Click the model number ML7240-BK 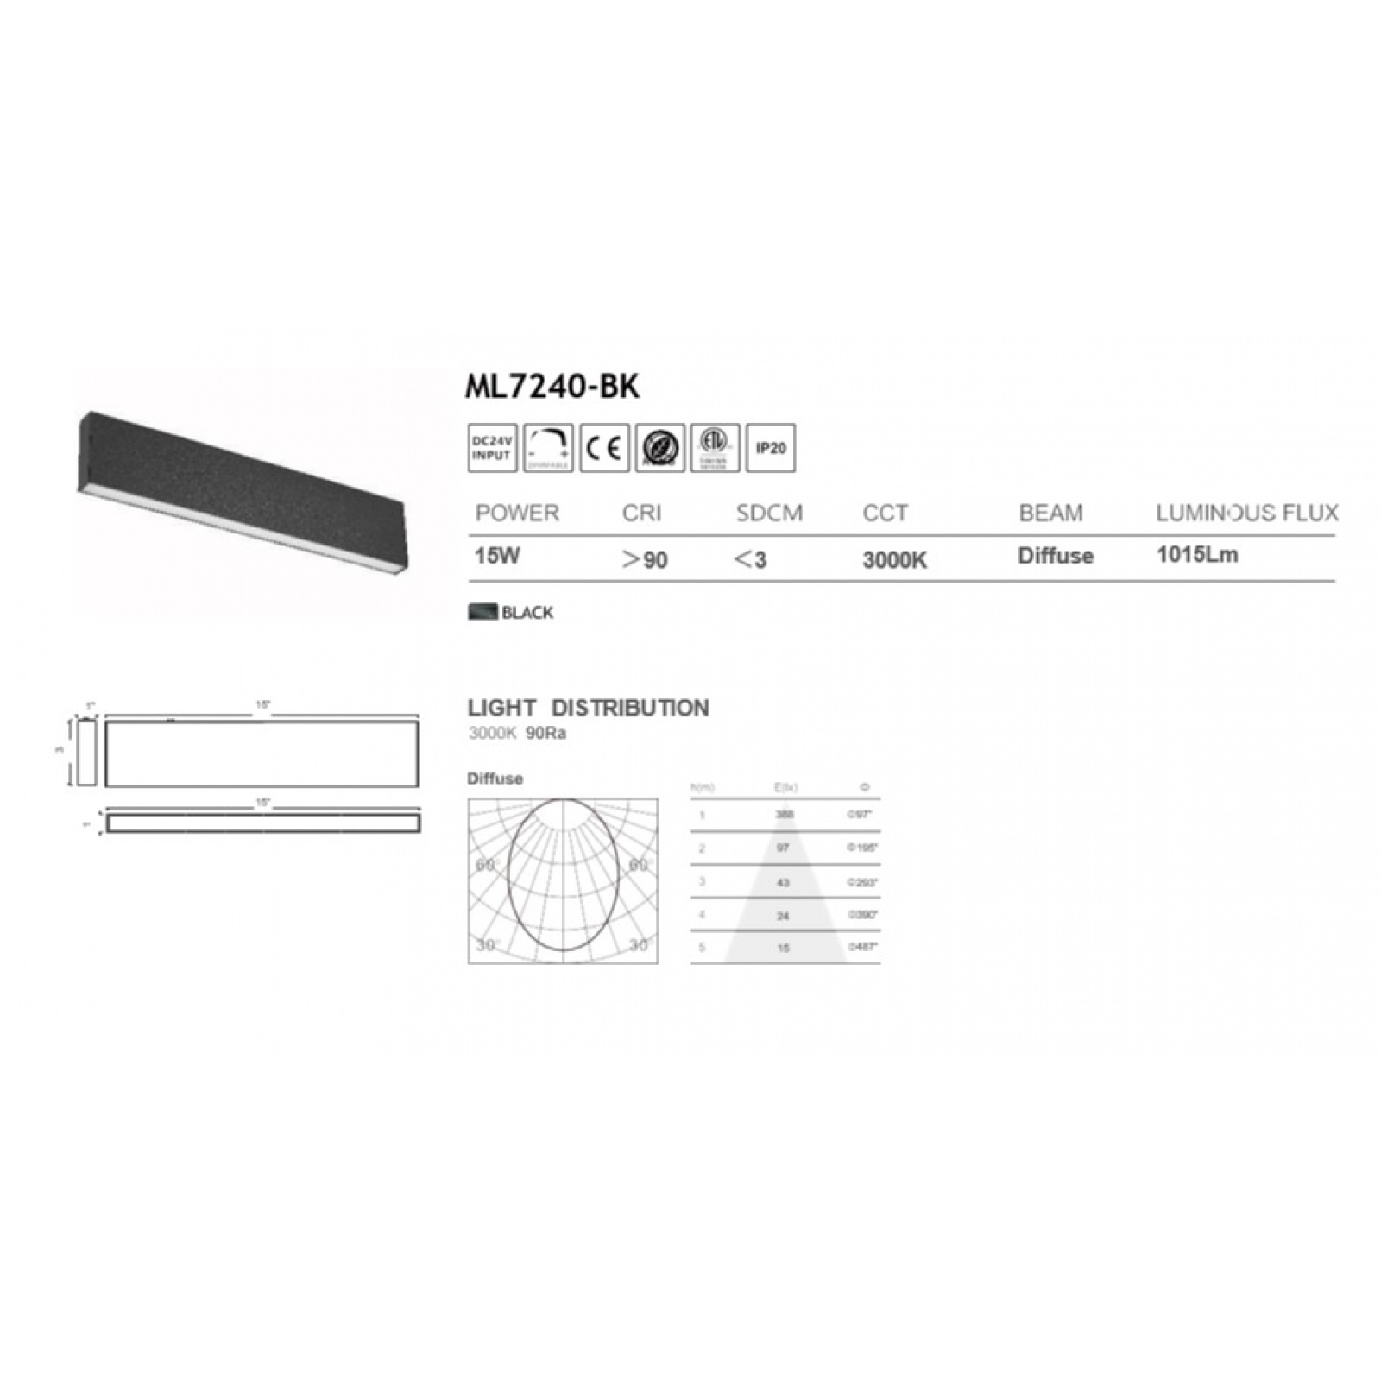click(552, 387)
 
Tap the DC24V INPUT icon click(492, 448)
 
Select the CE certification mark click(604, 448)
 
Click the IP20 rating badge click(770, 448)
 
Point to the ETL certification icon click(715, 448)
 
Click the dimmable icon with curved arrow click(548, 448)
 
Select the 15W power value click(497, 556)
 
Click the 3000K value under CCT click(894, 560)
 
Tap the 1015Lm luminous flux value click(1197, 555)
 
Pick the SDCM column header click(769, 514)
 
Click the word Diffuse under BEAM click(1056, 556)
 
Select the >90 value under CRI click(646, 560)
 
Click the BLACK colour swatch click(482, 612)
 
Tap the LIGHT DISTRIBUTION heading click(589, 709)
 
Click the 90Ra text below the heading click(545, 734)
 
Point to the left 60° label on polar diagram click(486, 865)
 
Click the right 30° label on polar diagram click(639, 945)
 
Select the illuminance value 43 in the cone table click(783, 882)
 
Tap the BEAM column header click(1050, 514)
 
